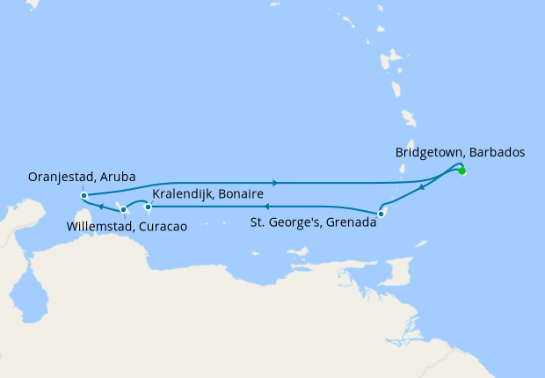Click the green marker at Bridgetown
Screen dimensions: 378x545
tap(461, 171)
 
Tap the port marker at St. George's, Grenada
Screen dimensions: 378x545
tap(381, 214)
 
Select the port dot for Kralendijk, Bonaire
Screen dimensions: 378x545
tap(148, 207)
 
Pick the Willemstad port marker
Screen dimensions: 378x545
tap(124, 209)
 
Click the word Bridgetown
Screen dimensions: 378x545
tap(430, 152)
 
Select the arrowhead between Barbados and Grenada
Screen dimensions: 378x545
tap(423, 187)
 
